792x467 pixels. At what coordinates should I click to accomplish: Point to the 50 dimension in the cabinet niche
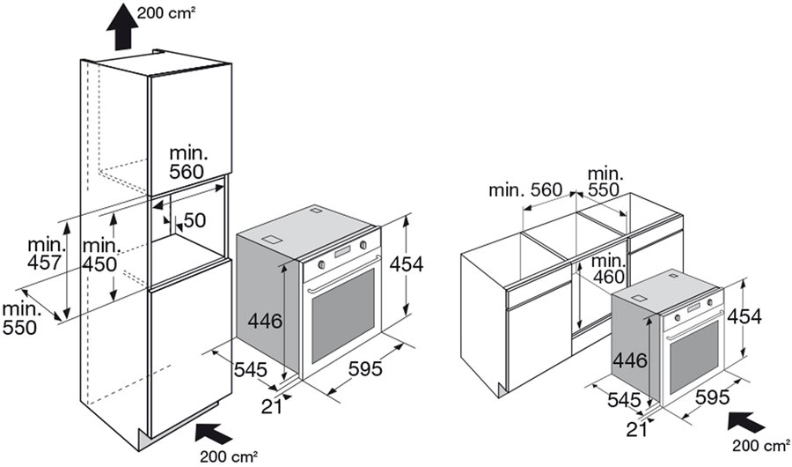click(194, 219)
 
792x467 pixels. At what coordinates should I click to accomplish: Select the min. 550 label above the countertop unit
click(605, 181)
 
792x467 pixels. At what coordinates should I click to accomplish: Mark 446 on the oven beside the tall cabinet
click(266, 322)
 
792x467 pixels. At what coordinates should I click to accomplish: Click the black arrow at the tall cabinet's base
click(212, 432)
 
